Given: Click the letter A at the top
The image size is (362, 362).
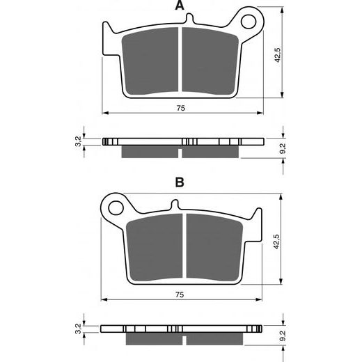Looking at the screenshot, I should [180, 6].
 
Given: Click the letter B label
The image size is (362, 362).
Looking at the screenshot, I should [180, 183].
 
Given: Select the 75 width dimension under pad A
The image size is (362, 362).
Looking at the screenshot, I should [180, 108].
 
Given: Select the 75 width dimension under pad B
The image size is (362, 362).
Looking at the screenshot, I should [180, 295].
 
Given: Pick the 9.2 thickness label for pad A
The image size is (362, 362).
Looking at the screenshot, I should [283, 147].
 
